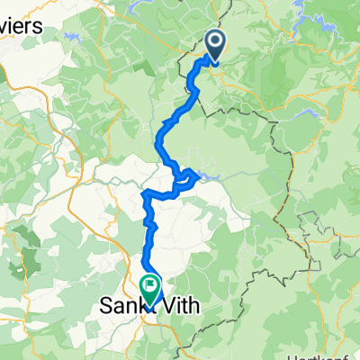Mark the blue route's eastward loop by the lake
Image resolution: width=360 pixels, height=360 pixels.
(x=187, y=177)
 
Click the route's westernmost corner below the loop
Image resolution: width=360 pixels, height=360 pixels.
(x=145, y=193)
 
